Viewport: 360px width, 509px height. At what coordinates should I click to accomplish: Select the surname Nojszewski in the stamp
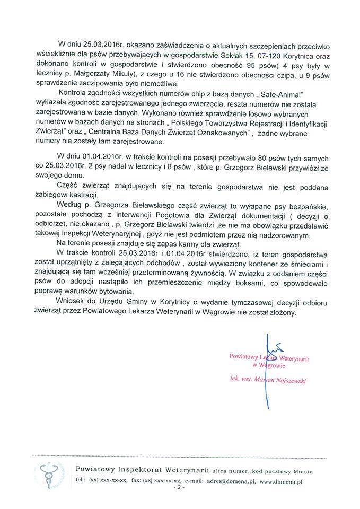[x=292, y=380]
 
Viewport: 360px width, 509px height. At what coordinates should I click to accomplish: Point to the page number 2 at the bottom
[x=180, y=487]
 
